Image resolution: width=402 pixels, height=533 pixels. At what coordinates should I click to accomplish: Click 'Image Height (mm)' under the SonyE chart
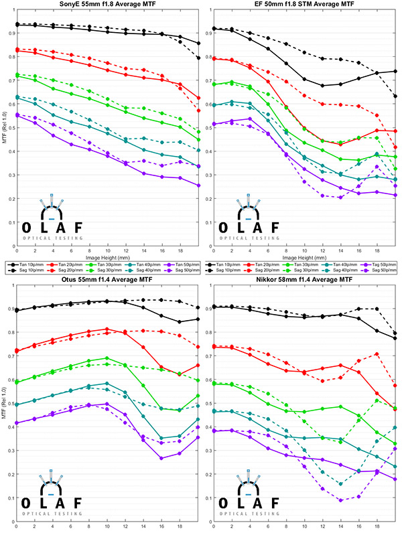(108, 256)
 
